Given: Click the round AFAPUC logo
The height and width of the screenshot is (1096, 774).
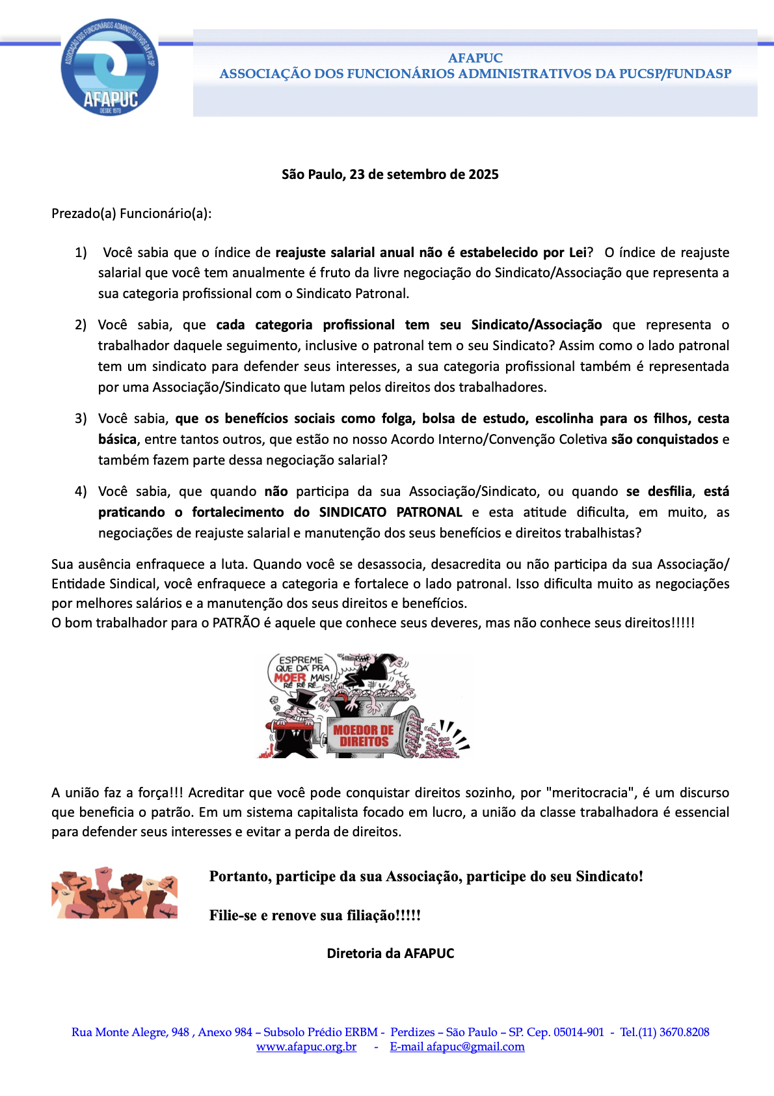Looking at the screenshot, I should click(x=109, y=67).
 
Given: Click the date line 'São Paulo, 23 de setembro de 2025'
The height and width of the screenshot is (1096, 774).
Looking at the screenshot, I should click(x=390, y=174).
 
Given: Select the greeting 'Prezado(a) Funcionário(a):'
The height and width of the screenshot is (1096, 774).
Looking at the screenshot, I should click(x=131, y=213).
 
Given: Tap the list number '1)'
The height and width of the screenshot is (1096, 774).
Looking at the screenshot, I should click(x=81, y=253).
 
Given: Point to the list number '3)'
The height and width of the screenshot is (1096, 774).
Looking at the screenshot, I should click(x=81, y=418).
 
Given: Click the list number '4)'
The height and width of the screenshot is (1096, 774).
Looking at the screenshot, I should click(x=81, y=491).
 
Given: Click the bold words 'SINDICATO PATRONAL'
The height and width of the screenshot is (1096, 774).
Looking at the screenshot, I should click(x=390, y=512).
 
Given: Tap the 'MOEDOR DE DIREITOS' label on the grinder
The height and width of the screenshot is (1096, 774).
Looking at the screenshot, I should click(x=363, y=736).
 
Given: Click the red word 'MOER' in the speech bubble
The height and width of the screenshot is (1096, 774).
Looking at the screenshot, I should click(x=290, y=678).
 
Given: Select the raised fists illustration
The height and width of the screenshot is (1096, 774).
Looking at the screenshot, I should click(x=114, y=893).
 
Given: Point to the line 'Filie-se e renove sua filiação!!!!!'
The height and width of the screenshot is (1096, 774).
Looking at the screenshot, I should click(x=315, y=915).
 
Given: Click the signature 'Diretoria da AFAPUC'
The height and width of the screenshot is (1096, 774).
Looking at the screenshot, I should click(x=390, y=953).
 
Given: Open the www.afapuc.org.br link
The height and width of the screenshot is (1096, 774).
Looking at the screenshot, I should click(x=306, y=1047).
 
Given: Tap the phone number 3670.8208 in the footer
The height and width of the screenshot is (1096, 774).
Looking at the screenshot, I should click(x=683, y=1032).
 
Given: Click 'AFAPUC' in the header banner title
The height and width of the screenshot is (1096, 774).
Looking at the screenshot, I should click(x=475, y=58).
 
